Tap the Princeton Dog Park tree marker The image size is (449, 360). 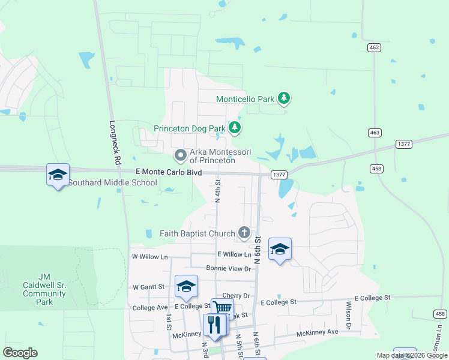[235, 127]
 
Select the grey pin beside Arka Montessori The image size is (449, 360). [180, 155]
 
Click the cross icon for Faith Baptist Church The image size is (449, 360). [244, 232]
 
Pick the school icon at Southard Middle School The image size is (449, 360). [58, 175]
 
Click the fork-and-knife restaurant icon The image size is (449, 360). [214, 325]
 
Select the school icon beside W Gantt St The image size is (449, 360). [187, 286]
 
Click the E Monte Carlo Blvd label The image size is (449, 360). [169, 172]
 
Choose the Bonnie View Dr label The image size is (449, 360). [228, 268]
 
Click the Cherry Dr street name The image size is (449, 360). [235, 296]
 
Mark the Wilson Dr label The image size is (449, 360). [348, 311]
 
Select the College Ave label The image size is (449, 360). [150, 307]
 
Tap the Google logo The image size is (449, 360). [20, 353]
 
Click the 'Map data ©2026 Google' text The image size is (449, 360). [412, 355]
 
